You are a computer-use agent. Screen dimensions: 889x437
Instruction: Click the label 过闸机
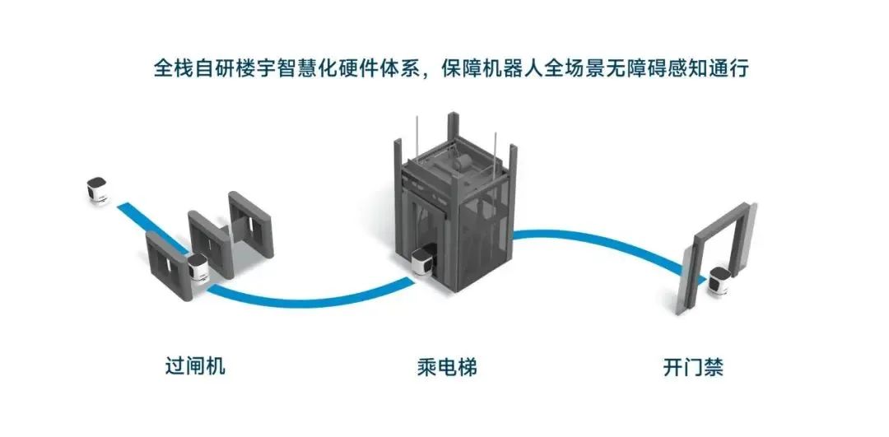195,366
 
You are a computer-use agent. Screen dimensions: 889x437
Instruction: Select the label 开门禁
693,367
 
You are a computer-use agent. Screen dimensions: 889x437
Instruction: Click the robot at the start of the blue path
97,190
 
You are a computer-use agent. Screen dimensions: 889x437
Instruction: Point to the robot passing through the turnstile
198,267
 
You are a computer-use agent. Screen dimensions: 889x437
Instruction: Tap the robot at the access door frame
719,281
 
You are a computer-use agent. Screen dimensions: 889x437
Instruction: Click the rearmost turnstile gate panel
251,224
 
